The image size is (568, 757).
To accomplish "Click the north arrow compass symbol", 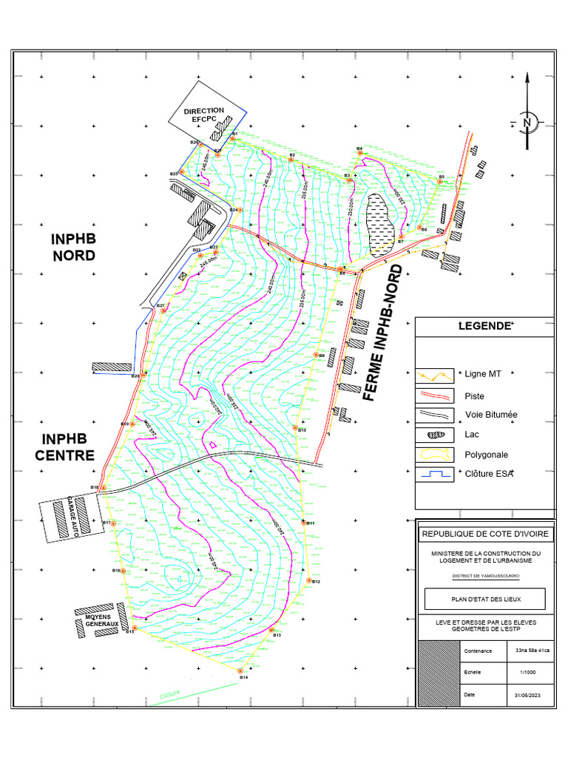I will (x=527, y=121).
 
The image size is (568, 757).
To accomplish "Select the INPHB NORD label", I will (x=73, y=248).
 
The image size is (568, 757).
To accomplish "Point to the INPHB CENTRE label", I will (x=64, y=447).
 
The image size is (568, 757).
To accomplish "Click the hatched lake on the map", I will (x=382, y=225).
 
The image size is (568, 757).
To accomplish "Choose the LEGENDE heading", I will (x=485, y=326).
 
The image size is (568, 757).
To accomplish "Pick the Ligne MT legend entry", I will (x=483, y=374).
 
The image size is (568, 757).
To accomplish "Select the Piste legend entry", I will (x=475, y=395).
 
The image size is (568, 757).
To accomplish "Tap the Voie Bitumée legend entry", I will (x=491, y=415).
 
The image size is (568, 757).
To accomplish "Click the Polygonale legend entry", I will (x=487, y=455).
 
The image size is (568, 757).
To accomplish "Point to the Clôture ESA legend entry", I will (x=489, y=474).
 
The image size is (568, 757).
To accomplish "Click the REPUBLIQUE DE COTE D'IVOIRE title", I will (x=485, y=534).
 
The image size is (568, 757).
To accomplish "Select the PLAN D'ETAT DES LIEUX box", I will (x=485, y=599).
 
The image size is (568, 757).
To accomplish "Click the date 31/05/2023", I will (x=528, y=696).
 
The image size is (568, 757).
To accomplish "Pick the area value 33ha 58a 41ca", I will (x=528, y=651).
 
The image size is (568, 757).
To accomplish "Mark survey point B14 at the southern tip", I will (x=241, y=671).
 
